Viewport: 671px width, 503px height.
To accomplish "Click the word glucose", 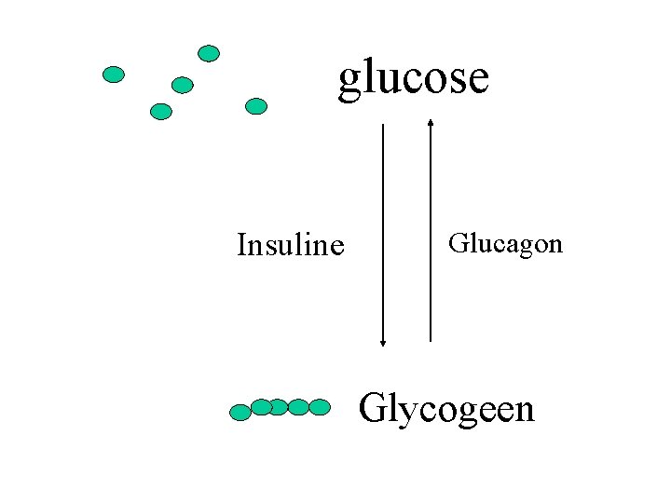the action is coord(413,78).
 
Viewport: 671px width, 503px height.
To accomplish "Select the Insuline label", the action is coord(291,246).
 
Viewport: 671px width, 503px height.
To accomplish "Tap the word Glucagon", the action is coord(505,244).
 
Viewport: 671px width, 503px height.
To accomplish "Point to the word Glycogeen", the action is coord(446,409).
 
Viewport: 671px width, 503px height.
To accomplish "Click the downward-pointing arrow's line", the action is coord(383,233).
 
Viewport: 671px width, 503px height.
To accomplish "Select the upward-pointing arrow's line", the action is coord(430,233).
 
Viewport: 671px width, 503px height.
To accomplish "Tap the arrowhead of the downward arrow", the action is coord(383,342).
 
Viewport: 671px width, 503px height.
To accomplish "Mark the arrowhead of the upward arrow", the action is coord(430,121).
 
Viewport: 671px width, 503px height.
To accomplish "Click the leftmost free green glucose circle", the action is coord(114,75).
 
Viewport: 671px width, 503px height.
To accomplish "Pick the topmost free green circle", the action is coord(209,53).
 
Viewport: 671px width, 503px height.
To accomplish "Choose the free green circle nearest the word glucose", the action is coord(255,106).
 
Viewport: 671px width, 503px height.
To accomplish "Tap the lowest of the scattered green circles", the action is coord(161,112).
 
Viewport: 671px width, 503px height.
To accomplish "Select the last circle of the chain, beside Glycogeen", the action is coord(320,407).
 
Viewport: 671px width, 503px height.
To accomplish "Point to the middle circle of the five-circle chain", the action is coord(279,407).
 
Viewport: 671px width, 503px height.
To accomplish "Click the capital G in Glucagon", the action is coord(458,244).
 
